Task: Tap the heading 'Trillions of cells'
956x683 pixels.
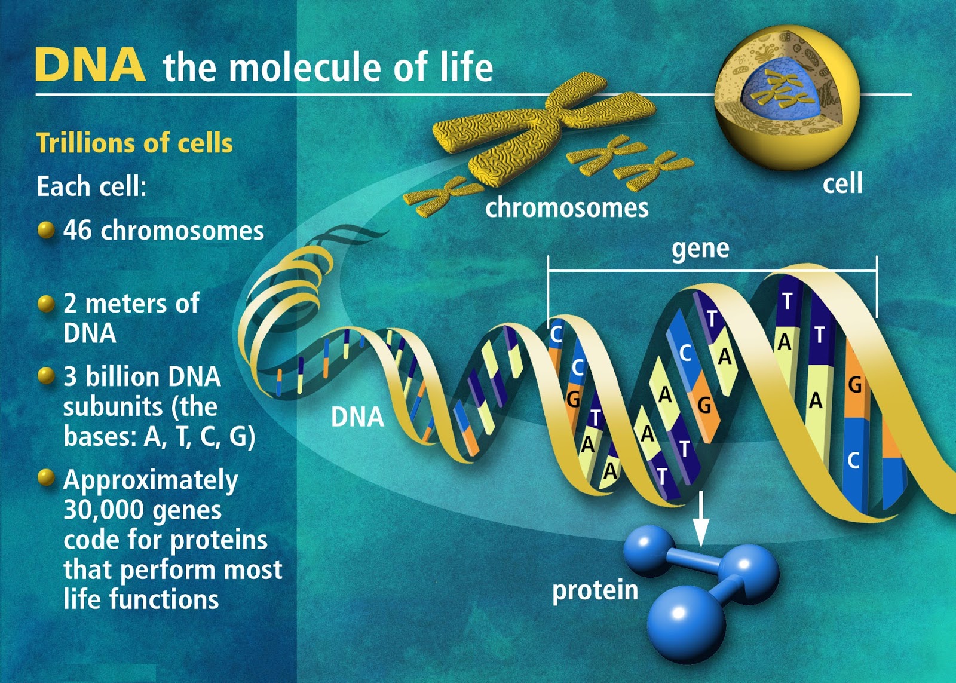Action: click(x=134, y=143)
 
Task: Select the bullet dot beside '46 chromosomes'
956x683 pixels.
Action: click(x=46, y=230)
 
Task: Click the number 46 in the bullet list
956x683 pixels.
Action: click(x=78, y=230)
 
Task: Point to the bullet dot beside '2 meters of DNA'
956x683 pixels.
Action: click(x=46, y=304)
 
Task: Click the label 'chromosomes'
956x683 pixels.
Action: click(x=566, y=208)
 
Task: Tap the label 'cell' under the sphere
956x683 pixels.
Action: click(x=842, y=183)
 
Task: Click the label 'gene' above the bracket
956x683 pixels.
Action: click(x=700, y=249)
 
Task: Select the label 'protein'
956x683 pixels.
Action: click(x=595, y=590)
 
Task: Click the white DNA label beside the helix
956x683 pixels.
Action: click(x=357, y=417)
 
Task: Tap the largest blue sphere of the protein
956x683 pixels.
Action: click(x=686, y=621)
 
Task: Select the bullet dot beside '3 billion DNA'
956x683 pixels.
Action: click(x=46, y=376)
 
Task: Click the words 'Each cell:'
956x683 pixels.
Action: click(x=91, y=186)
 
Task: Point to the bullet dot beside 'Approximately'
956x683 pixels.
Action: click(x=46, y=478)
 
